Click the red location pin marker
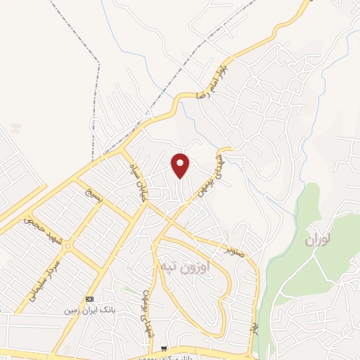point(181,165)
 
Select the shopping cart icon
point(164,348)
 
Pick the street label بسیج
point(94,199)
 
